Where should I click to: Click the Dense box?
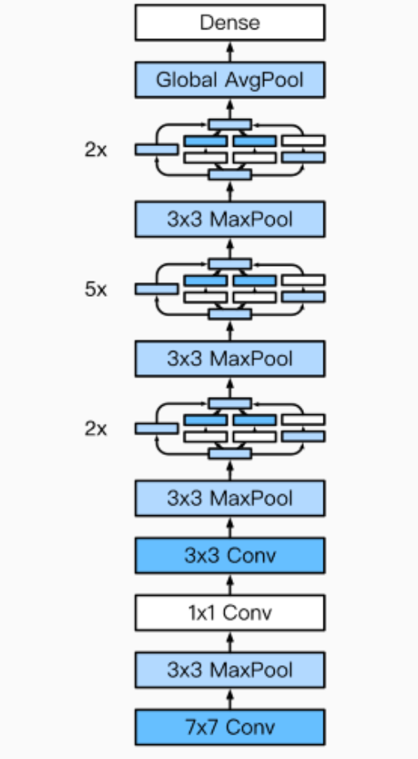coord(230,23)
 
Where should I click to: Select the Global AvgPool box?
coord(230,81)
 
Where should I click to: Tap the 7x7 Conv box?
coord(230,726)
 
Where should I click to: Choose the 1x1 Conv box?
coord(230,612)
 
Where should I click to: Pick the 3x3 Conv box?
coord(230,555)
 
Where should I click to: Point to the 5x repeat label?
coord(95,289)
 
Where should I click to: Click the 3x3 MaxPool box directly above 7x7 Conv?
coord(230,669)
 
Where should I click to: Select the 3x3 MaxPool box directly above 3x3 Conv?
coord(230,497)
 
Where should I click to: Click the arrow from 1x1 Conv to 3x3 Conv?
coord(230,584)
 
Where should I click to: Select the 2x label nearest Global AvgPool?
coord(95,150)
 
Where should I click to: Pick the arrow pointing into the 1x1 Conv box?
coord(230,641)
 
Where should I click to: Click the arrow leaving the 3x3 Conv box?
coord(230,526)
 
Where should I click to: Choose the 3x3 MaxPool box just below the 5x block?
coord(230,358)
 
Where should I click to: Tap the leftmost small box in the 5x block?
coord(156,289)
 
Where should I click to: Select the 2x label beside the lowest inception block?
coord(95,428)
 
